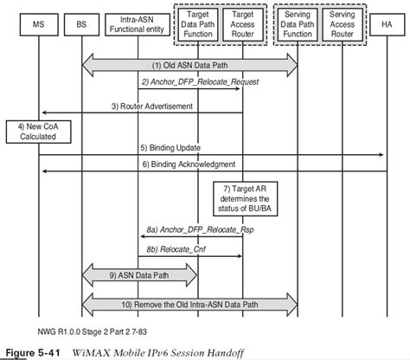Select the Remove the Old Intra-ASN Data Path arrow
(190, 305)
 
